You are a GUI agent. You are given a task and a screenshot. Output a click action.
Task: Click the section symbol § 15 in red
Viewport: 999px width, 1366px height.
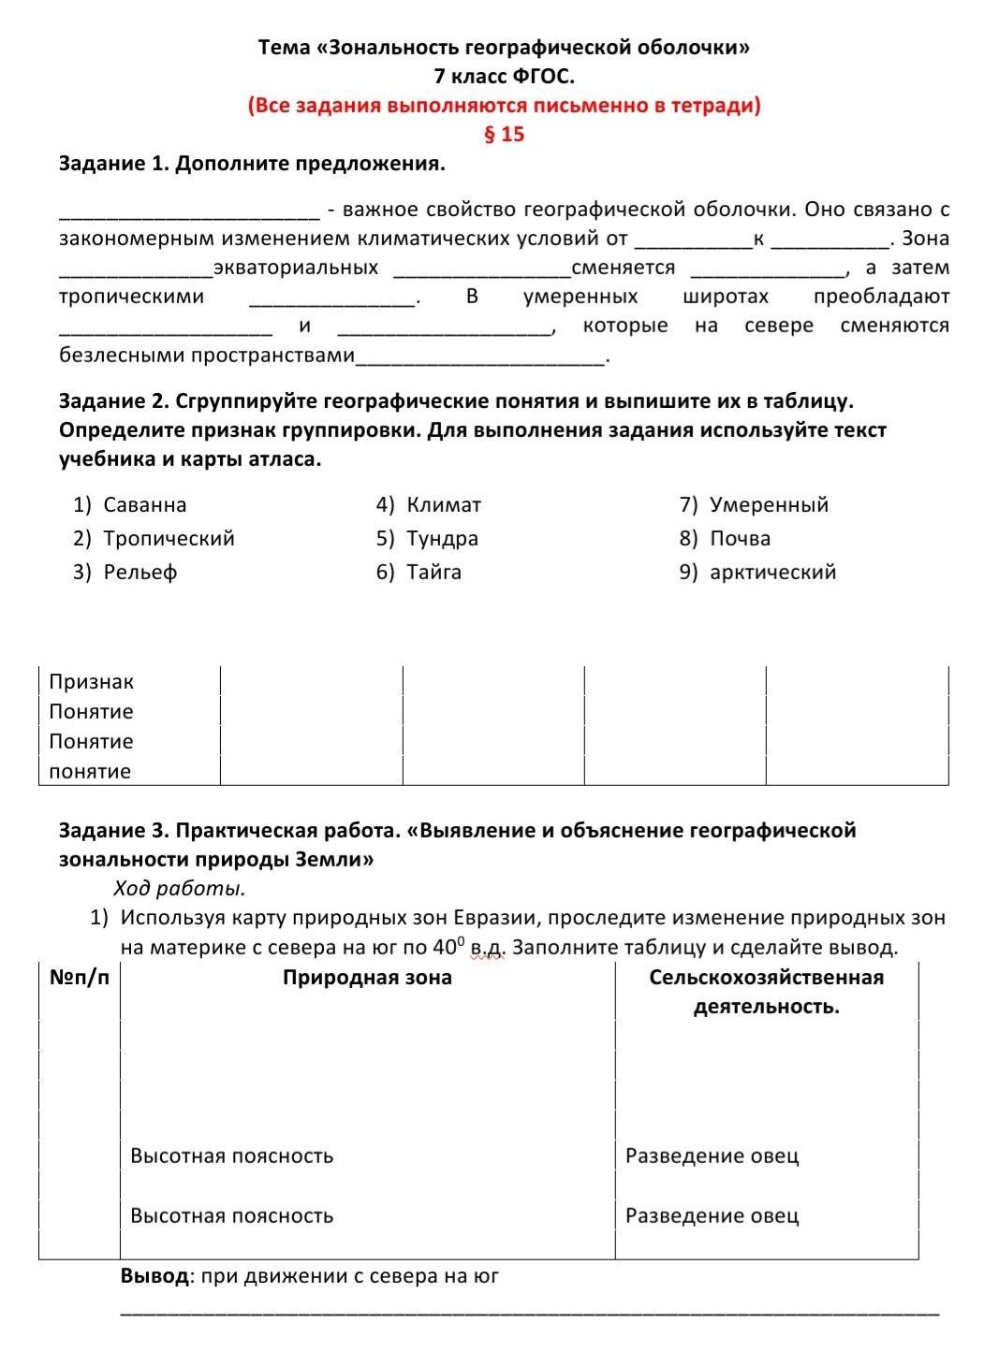click(504, 134)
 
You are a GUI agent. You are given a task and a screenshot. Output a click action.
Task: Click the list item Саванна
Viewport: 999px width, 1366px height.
click(145, 505)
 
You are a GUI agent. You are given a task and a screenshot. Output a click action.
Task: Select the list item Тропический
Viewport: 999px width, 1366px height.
click(169, 539)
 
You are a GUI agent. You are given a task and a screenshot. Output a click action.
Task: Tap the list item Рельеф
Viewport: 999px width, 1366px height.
click(140, 573)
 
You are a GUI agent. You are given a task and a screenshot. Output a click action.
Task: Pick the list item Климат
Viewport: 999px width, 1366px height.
click(444, 505)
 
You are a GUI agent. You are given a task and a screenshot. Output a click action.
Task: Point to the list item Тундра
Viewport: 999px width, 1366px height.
click(442, 539)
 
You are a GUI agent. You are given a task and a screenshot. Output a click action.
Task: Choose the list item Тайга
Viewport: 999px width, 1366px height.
click(433, 573)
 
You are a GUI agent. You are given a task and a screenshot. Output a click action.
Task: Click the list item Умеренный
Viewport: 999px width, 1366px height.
click(769, 505)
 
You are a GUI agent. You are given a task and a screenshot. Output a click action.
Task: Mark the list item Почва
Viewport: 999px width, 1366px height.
click(740, 539)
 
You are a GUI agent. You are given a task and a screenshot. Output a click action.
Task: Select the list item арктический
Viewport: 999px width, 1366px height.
click(772, 573)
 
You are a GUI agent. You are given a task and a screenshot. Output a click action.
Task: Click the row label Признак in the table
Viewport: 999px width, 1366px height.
click(91, 682)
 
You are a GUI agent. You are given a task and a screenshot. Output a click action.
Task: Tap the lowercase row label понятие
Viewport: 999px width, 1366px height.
click(90, 772)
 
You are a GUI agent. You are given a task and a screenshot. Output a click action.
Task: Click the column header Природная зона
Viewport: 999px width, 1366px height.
click(367, 978)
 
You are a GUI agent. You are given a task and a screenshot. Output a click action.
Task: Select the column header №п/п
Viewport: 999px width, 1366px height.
click(79, 978)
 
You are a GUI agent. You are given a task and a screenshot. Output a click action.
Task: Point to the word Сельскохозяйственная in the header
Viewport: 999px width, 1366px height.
click(766, 978)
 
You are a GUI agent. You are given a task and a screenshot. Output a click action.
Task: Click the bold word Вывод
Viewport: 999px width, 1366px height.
click(154, 1276)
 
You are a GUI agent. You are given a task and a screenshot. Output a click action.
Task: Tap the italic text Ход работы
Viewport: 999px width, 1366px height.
click(179, 888)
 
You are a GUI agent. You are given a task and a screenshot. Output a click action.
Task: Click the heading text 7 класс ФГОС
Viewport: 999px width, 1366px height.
click(504, 76)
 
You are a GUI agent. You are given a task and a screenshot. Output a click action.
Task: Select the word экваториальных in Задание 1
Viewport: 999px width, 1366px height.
click(296, 269)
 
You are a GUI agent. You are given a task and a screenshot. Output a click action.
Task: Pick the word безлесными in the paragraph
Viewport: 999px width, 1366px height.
click(122, 356)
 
